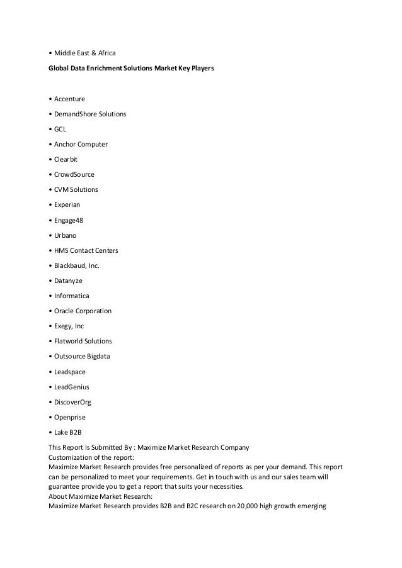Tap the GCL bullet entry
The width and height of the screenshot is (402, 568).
[60, 129]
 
